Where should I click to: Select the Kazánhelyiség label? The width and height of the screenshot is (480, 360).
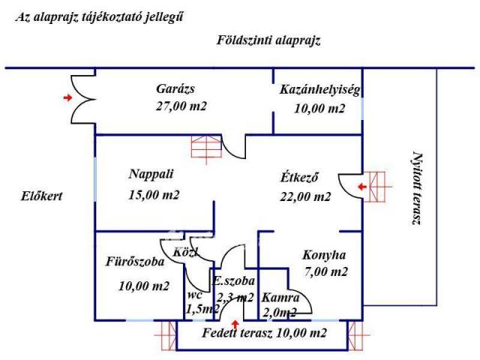coord(320,90)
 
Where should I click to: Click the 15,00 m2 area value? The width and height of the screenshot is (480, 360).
coord(154,195)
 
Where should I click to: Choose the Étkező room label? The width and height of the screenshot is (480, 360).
coord(301,178)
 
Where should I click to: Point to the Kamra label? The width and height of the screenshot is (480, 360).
coord(276,297)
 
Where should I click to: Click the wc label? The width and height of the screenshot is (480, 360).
coord(195,294)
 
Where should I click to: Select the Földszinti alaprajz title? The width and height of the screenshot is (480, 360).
coord(268,40)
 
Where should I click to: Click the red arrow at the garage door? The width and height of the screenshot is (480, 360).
coord(69,97)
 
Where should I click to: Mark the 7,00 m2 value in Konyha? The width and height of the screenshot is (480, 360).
coord(326,271)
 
